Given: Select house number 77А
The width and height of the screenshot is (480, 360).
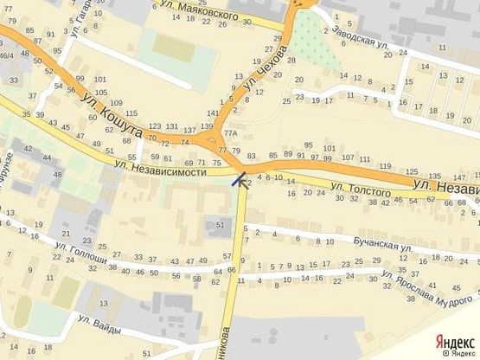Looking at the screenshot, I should pos(229,134).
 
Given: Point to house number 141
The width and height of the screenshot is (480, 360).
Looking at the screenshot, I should pos(213,114).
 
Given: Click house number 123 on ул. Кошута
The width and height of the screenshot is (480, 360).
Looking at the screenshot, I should pos(156,126).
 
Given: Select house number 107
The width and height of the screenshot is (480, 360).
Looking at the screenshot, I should pos(347,158).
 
